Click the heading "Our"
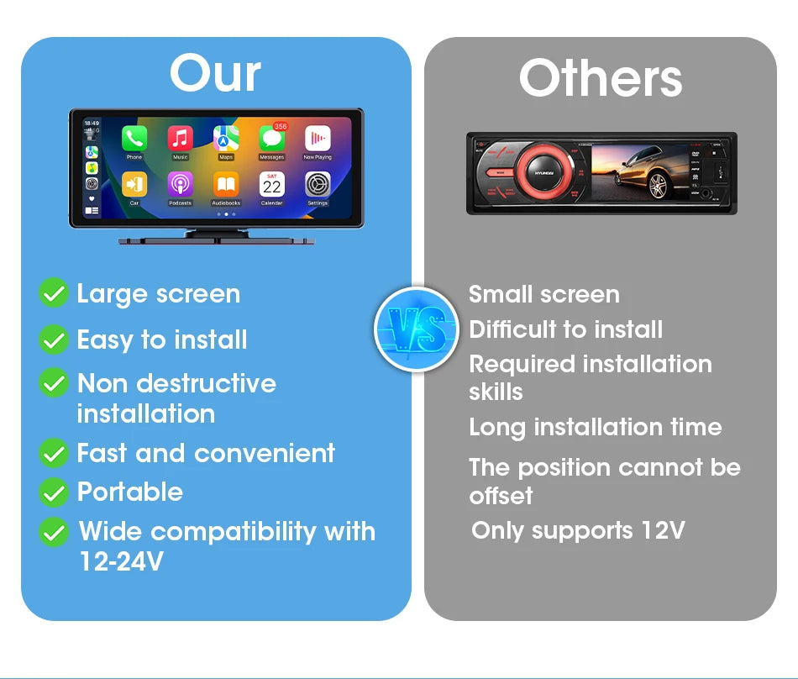coord(215,74)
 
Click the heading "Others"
coord(600,79)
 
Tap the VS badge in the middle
coord(417,329)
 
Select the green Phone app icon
coord(134,139)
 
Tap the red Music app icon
coord(180,139)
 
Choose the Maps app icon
coord(226,139)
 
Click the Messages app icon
coord(271,139)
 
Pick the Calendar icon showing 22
coord(271,184)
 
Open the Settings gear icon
coord(318,184)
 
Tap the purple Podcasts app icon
coord(180,184)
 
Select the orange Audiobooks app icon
coord(226,184)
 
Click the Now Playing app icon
coord(318,139)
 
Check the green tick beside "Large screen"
coord(54,294)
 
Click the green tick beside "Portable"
coord(54,492)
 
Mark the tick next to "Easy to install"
coord(54,340)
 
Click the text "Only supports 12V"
coord(578,531)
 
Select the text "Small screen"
coord(543,294)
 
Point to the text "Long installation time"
coord(595,427)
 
